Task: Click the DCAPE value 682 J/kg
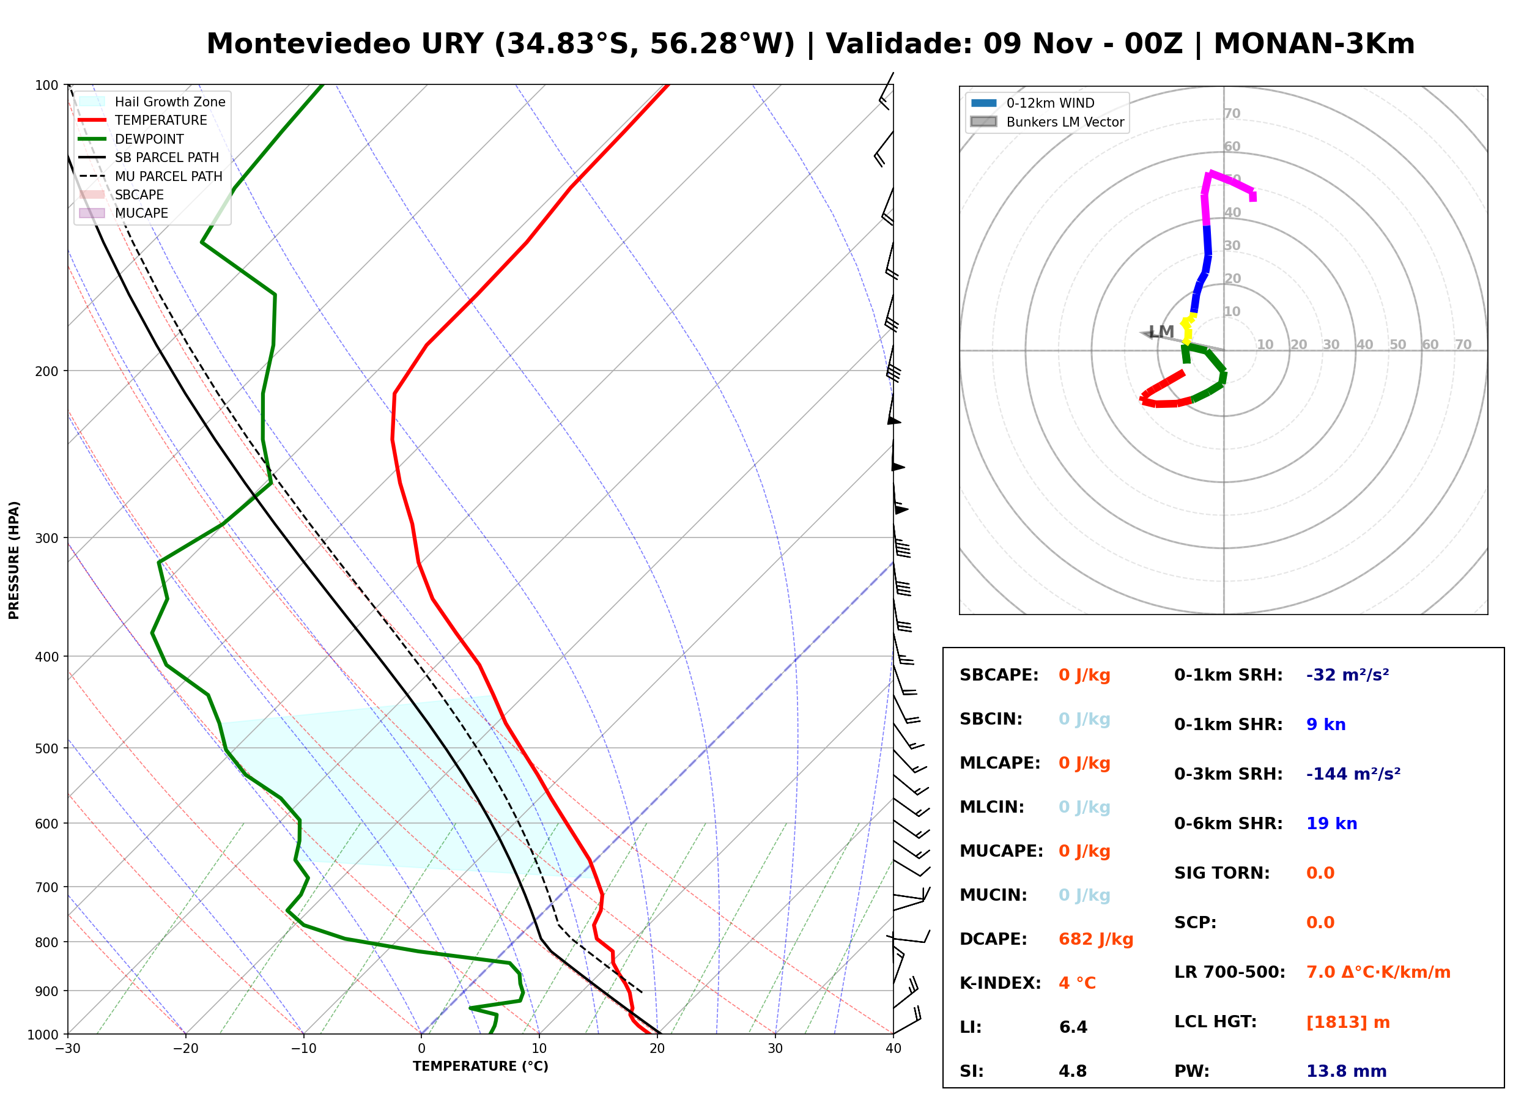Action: click(1096, 939)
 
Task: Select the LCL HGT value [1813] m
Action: click(1348, 1022)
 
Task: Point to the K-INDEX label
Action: click(1001, 983)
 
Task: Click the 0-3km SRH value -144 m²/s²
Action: click(1353, 774)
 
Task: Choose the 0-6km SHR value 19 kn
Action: click(1331, 824)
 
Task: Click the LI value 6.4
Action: click(1073, 1027)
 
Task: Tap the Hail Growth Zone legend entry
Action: click(152, 102)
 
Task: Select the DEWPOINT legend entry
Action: click(131, 139)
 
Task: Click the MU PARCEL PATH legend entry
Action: click(150, 176)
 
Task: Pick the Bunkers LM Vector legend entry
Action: click(1047, 122)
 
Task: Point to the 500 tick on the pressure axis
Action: click(46, 748)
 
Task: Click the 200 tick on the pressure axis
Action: click(46, 371)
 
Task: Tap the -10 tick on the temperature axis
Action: click(303, 1049)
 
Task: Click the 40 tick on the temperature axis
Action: click(893, 1049)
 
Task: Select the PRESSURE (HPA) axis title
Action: click(14, 560)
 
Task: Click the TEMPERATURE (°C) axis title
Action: click(481, 1066)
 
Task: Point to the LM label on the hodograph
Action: click(1161, 332)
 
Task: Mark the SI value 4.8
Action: click(1073, 1071)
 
